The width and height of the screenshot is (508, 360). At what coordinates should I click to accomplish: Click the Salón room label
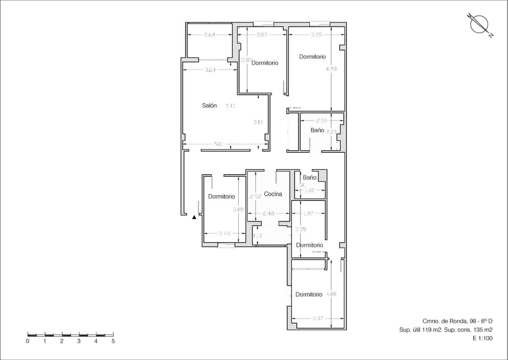point(209,105)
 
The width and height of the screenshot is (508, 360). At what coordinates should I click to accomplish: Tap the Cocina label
point(273,194)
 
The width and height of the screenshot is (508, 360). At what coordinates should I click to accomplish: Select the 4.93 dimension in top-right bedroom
point(331,69)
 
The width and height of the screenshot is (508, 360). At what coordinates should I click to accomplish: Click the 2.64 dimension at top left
point(210,35)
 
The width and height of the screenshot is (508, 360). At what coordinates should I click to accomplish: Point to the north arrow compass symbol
point(479,24)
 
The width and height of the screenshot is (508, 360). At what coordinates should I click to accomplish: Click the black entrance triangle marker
point(194,217)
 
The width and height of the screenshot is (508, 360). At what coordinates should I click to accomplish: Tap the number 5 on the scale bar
point(113,341)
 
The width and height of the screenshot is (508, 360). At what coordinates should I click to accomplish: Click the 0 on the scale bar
point(28,341)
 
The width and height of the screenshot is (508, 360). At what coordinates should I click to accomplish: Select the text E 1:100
point(483,338)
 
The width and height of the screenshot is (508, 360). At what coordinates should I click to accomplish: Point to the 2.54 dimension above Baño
point(322,120)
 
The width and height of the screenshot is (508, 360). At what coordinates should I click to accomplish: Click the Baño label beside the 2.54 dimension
point(317,130)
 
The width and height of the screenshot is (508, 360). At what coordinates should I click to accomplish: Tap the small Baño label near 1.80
point(309,177)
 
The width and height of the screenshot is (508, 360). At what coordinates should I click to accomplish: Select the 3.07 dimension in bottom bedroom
point(317,318)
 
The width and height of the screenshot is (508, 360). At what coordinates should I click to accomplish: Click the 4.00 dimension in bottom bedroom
point(331,294)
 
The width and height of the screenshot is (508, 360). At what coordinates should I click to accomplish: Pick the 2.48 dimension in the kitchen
point(269,214)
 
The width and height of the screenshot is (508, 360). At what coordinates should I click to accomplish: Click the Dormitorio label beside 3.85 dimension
point(221,196)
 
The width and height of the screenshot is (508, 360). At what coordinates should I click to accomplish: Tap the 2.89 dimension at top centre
point(262,35)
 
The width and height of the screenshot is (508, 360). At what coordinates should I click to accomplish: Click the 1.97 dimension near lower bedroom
point(308,214)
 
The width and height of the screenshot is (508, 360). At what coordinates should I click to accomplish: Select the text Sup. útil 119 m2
point(419,330)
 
